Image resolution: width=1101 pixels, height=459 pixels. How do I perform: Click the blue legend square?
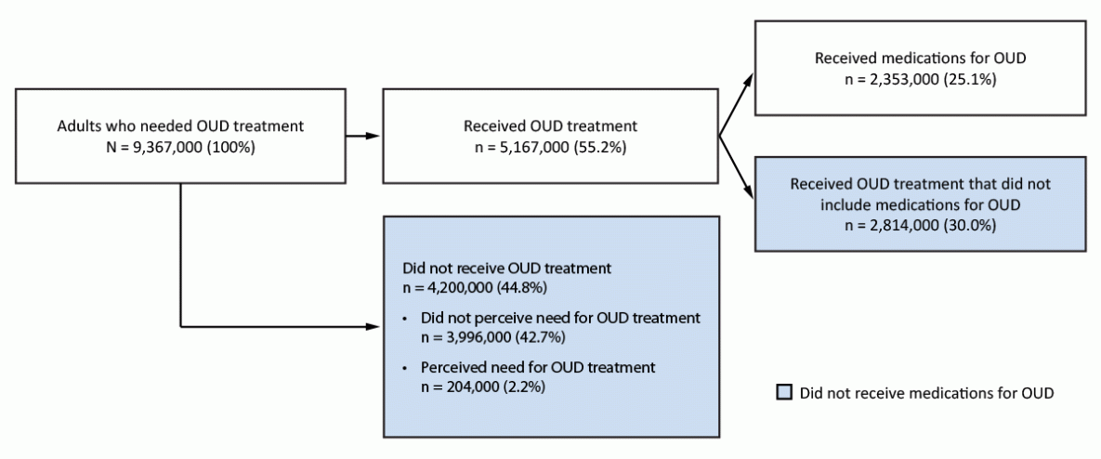(782, 392)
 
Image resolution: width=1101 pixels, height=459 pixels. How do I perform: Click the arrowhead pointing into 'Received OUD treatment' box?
(373, 136)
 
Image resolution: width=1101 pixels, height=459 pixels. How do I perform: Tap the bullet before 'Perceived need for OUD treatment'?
(405, 369)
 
